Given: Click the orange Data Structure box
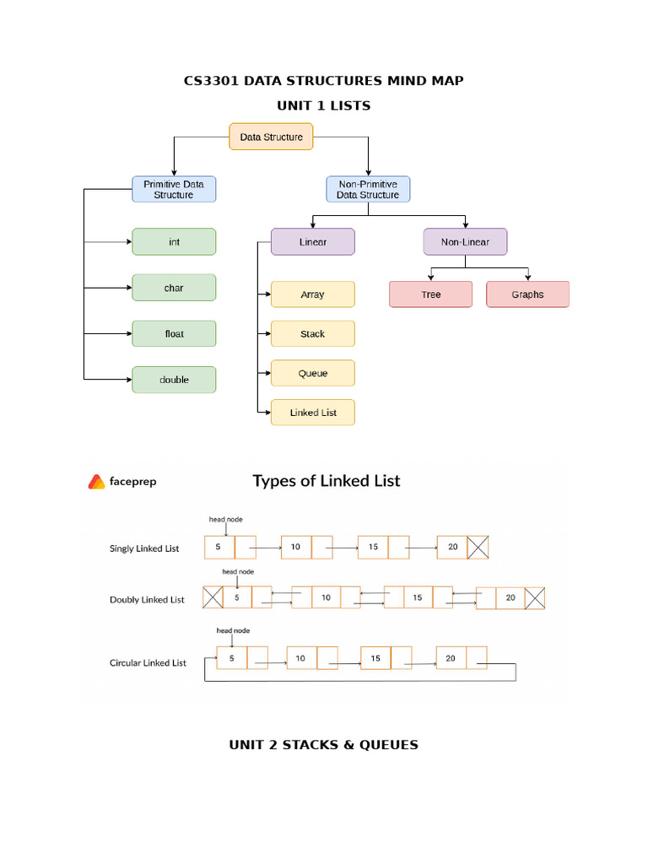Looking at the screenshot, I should pos(271,137).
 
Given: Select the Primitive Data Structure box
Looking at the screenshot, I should pos(174,189).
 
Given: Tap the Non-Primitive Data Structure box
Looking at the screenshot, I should pos(368,189).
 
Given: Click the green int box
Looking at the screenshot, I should pos(174,242).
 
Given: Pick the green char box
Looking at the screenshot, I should pos(174,288).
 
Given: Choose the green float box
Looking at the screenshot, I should pos(174,334).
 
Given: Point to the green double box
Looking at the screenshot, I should pos(174,380).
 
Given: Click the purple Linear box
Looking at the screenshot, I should pos(312,242).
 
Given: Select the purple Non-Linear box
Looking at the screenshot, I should pos(465,242).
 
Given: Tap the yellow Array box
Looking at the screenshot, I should pos(312,294).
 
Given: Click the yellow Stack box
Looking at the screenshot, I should pos(312,334).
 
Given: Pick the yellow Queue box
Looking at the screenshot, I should pos(312,373).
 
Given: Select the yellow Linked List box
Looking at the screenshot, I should pos(312,413).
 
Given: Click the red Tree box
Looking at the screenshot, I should pos(430,294).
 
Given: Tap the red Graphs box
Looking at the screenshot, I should pos(527,294).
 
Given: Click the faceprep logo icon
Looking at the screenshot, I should pos(96,482).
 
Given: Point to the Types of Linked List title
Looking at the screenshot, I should pos(327,481).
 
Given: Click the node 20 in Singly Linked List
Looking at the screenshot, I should pos(453,548).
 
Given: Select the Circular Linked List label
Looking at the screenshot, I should pos(148,663).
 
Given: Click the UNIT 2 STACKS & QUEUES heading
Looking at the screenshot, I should pos(323,744).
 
